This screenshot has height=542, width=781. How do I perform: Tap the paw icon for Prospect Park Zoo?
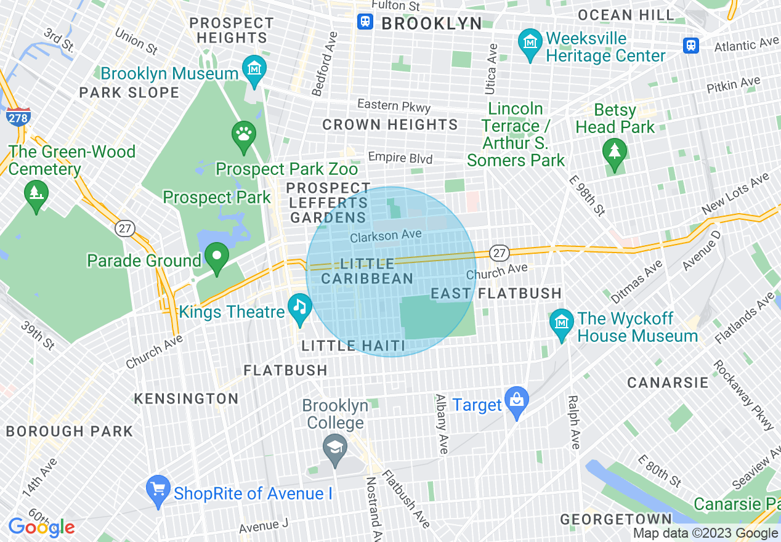click(x=244, y=134)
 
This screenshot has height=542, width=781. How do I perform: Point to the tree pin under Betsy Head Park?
click(x=614, y=150)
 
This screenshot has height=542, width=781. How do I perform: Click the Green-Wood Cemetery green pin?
click(x=36, y=193)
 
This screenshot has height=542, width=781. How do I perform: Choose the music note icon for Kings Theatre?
click(x=300, y=306)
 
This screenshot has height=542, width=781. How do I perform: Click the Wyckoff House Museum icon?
click(x=561, y=322)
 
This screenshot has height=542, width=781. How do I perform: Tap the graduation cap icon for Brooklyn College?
click(x=335, y=447)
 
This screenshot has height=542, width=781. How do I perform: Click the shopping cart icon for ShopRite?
click(x=158, y=488)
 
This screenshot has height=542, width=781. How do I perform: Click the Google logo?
click(x=41, y=527)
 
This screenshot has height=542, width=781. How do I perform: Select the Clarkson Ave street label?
click(x=386, y=235)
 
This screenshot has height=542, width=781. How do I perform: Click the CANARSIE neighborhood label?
click(x=668, y=383)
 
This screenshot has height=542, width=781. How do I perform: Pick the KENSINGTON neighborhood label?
click(x=186, y=398)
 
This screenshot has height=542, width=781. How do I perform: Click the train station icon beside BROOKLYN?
click(x=365, y=22)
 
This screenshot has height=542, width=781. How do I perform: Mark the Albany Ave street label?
click(x=441, y=424)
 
